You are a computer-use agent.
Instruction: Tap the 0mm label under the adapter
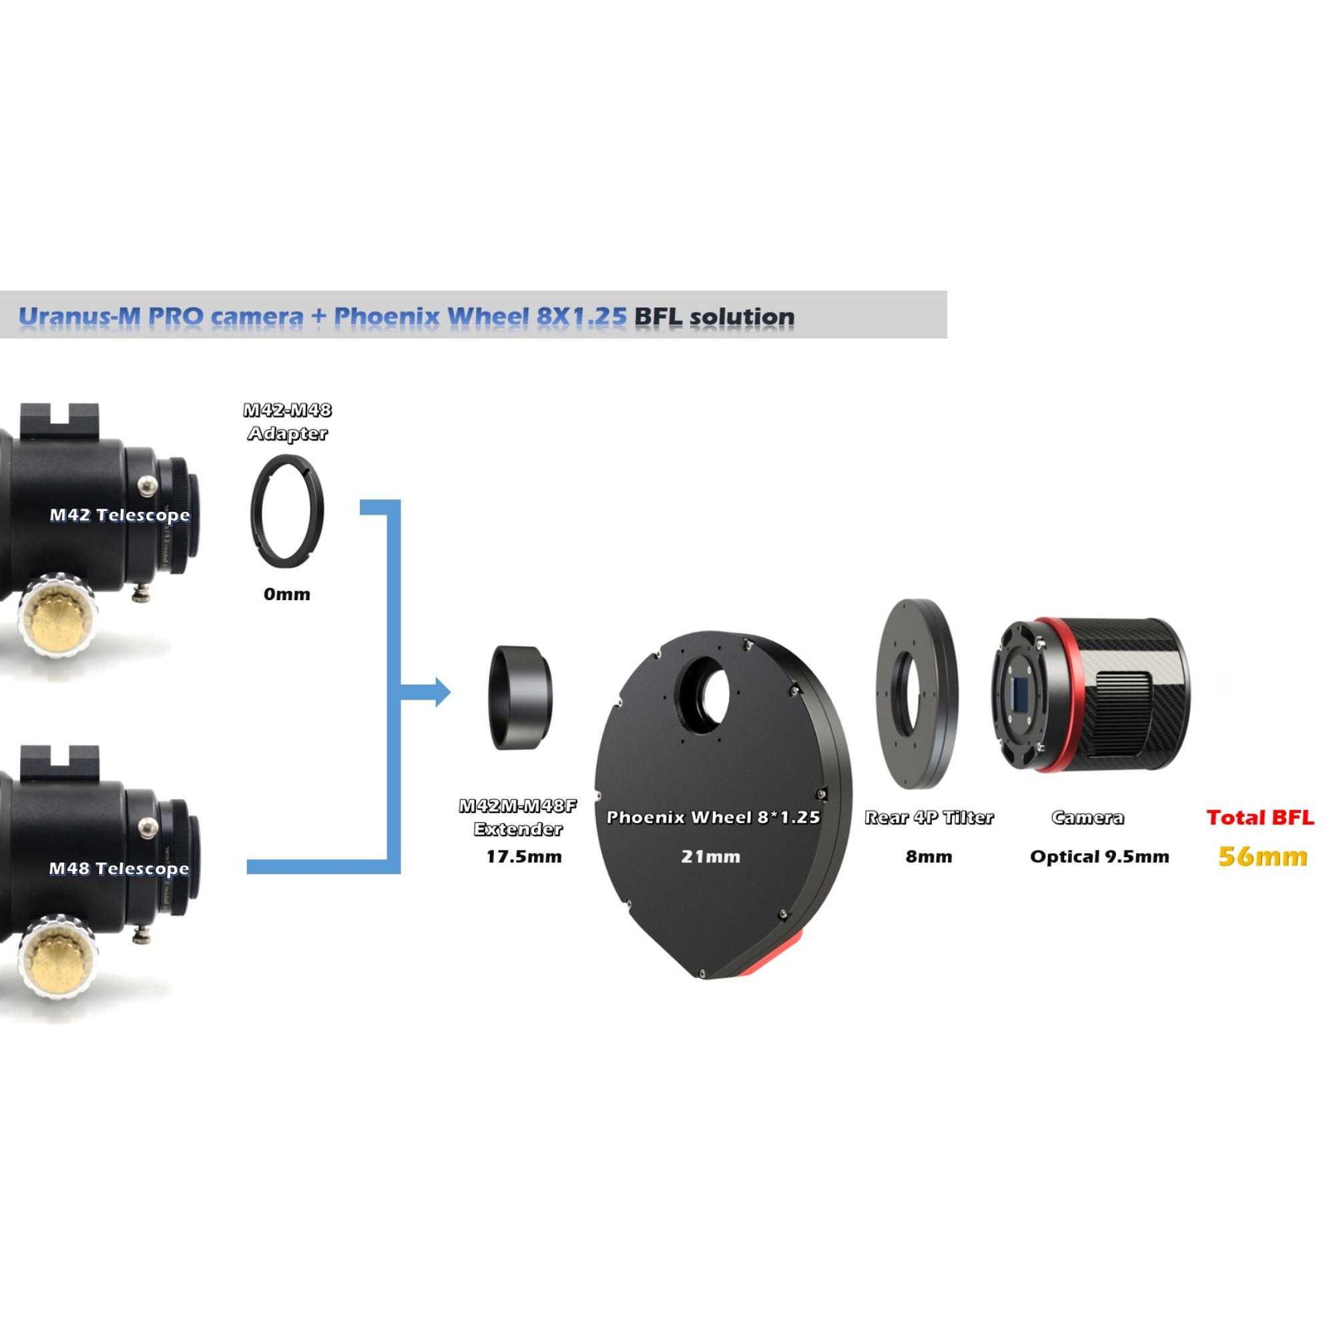click(x=287, y=594)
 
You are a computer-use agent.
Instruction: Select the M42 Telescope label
click(x=119, y=515)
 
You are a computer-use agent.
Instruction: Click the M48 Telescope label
click(x=119, y=868)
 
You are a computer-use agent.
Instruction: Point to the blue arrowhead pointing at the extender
click(x=443, y=692)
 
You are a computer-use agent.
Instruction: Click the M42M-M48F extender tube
click(x=522, y=698)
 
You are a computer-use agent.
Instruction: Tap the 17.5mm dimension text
click(x=524, y=857)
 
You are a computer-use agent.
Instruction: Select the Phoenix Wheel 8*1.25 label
click(x=713, y=818)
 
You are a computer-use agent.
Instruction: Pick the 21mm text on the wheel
click(x=710, y=857)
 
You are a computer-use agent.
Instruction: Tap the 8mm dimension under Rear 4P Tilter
click(x=928, y=857)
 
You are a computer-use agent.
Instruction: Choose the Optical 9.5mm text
click(x=1099, y=857)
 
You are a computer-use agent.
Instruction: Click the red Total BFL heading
click(x=1260, y=818)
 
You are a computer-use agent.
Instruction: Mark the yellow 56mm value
click(x=1262, y=857)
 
